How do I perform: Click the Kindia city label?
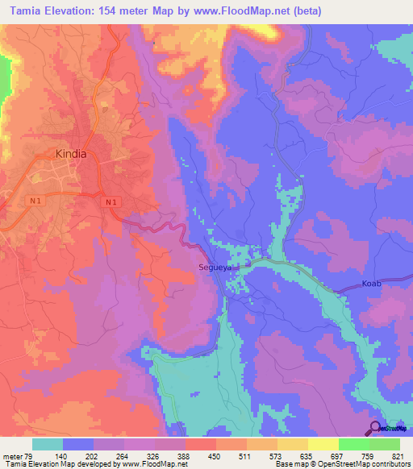tap(70, 153)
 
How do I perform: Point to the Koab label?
tap(370, 284)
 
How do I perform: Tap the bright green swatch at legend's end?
tap(385, 444)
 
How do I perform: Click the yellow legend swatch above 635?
tap(293, 444)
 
